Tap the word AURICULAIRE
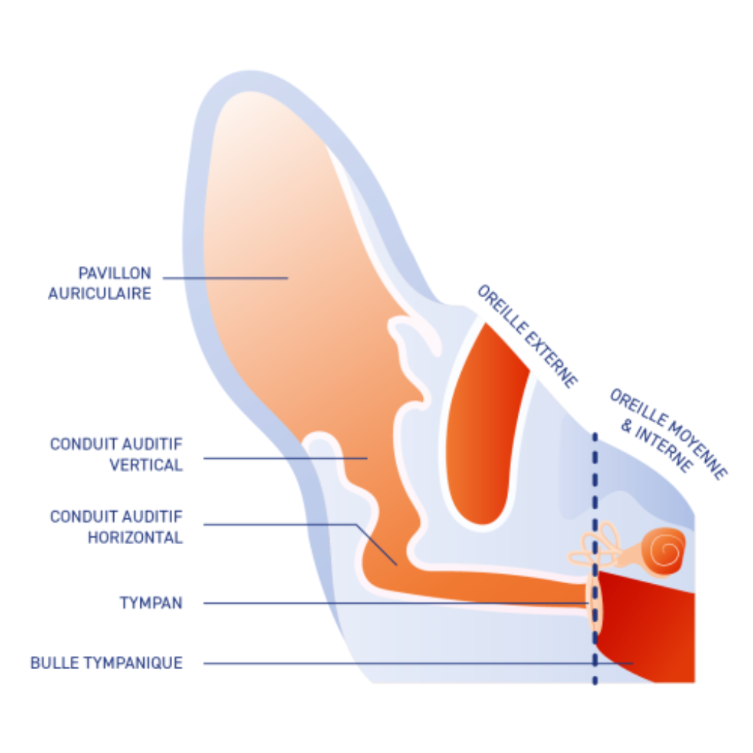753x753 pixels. (100, 293)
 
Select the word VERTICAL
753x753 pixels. (146, 465)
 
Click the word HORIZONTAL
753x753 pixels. (135, 538)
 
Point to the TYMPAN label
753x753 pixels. (151, 603)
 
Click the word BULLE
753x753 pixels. (53, 663)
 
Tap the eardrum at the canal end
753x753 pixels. (593, 602)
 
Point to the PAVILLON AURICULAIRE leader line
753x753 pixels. (224, 278)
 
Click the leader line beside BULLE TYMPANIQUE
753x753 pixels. (412, 663)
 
